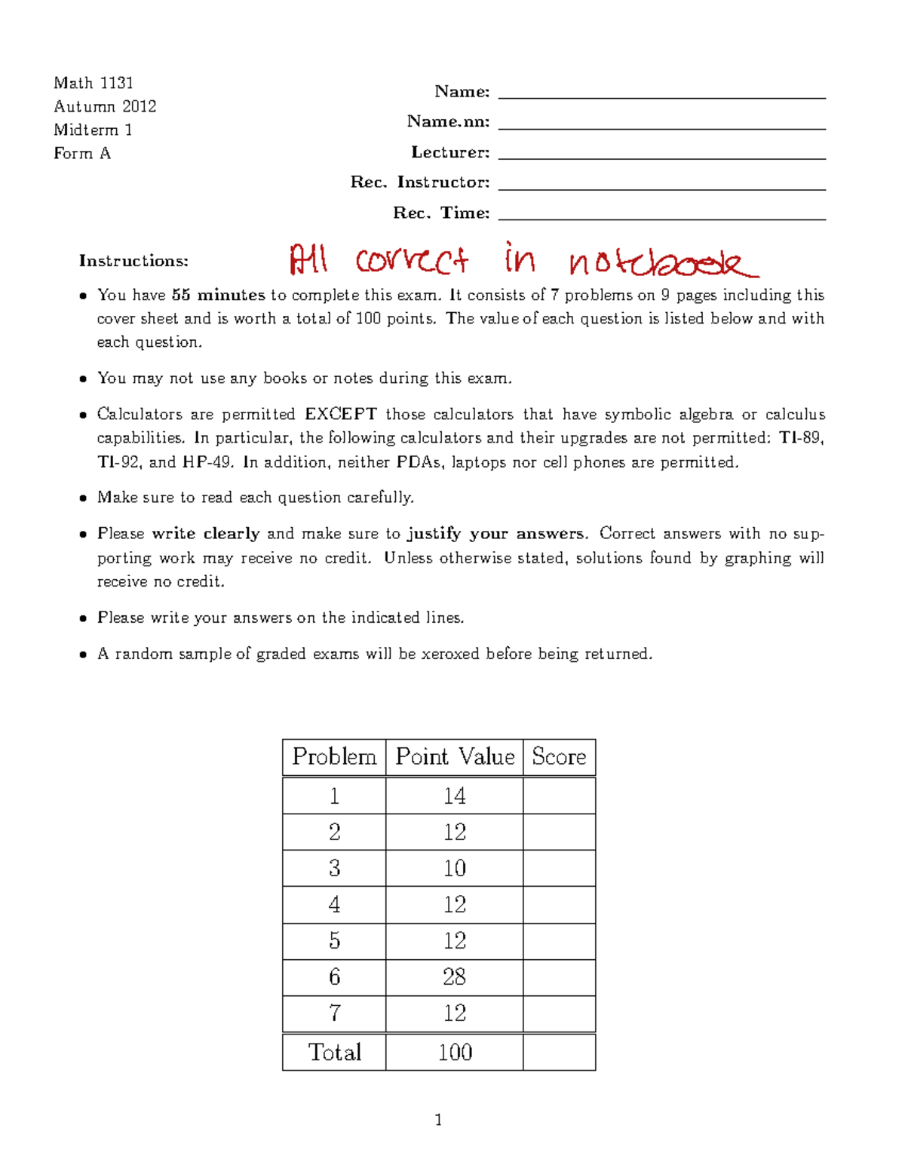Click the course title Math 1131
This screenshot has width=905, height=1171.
point(94,83)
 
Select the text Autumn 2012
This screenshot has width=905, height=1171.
point(105,106)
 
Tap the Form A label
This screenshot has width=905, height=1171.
point(82,153)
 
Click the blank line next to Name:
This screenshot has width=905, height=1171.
point(661,93)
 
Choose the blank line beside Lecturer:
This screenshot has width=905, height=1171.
point(661,154)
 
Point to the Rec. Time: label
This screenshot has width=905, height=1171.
point(441,213)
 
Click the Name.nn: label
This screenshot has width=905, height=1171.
point(448,121)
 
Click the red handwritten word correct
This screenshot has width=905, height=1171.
point(412,260)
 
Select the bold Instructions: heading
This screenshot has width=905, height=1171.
point(133,261)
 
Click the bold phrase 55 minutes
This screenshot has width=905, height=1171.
point(218,295)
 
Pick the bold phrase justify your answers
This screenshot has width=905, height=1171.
point(495,534)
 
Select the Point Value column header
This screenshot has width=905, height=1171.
point(455,756)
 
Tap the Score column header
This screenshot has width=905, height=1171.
point(559,756)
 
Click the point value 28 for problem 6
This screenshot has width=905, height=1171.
point(454,977)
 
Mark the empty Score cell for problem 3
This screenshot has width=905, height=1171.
point(559,869)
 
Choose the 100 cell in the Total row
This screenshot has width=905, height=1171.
point(455,1052)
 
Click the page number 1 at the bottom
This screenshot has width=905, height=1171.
point(438,1120)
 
